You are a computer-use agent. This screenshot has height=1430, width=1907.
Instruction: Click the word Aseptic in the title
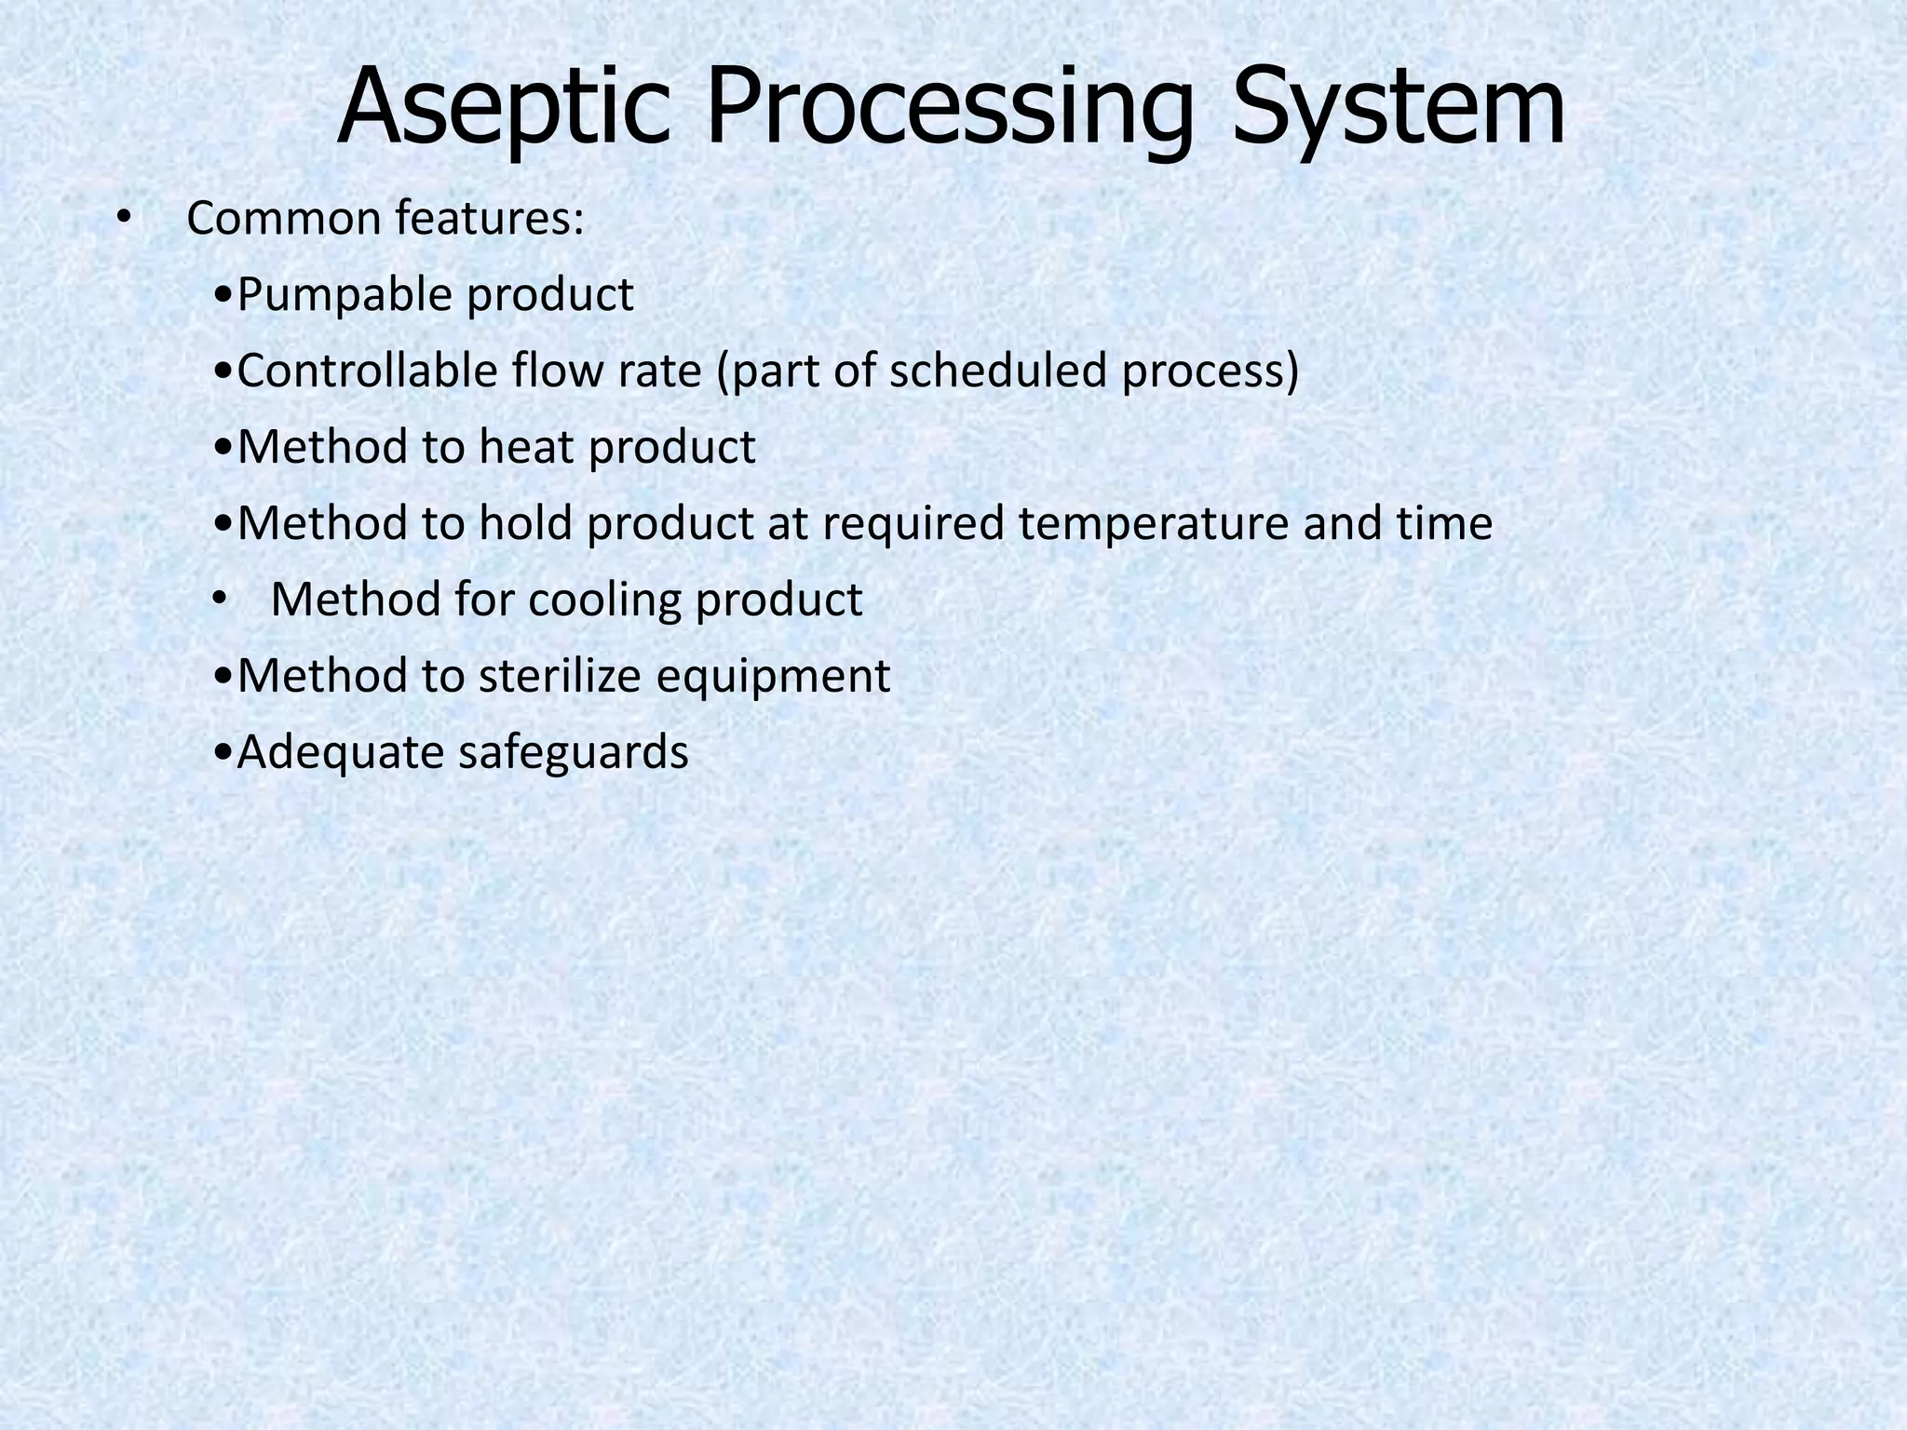click(503, 107)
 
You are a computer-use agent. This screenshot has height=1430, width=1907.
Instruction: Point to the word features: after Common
click(490, 220)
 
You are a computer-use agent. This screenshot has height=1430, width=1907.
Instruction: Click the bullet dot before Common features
click(124, 220)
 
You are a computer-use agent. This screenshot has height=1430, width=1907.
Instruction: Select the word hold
click(526, 524)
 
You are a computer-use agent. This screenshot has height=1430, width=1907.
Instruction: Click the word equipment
click(773, 677)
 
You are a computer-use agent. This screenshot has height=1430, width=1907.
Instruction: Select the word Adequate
click(341, 753)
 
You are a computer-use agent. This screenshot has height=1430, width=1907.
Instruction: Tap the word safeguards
click(573, 753)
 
